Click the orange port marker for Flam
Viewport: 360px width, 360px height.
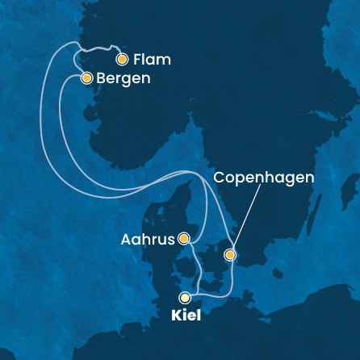[x=122, y=59]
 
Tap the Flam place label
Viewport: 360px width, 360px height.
[x=153, y=60]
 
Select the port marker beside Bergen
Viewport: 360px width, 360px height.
[x=86, y=78]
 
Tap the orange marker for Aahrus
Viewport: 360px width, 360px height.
[x=185, y=238]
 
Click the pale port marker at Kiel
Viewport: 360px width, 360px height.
[x=186, y=297]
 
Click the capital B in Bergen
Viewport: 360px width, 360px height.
[x=101, y=79]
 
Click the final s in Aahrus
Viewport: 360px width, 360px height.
[x=171, y=239]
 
